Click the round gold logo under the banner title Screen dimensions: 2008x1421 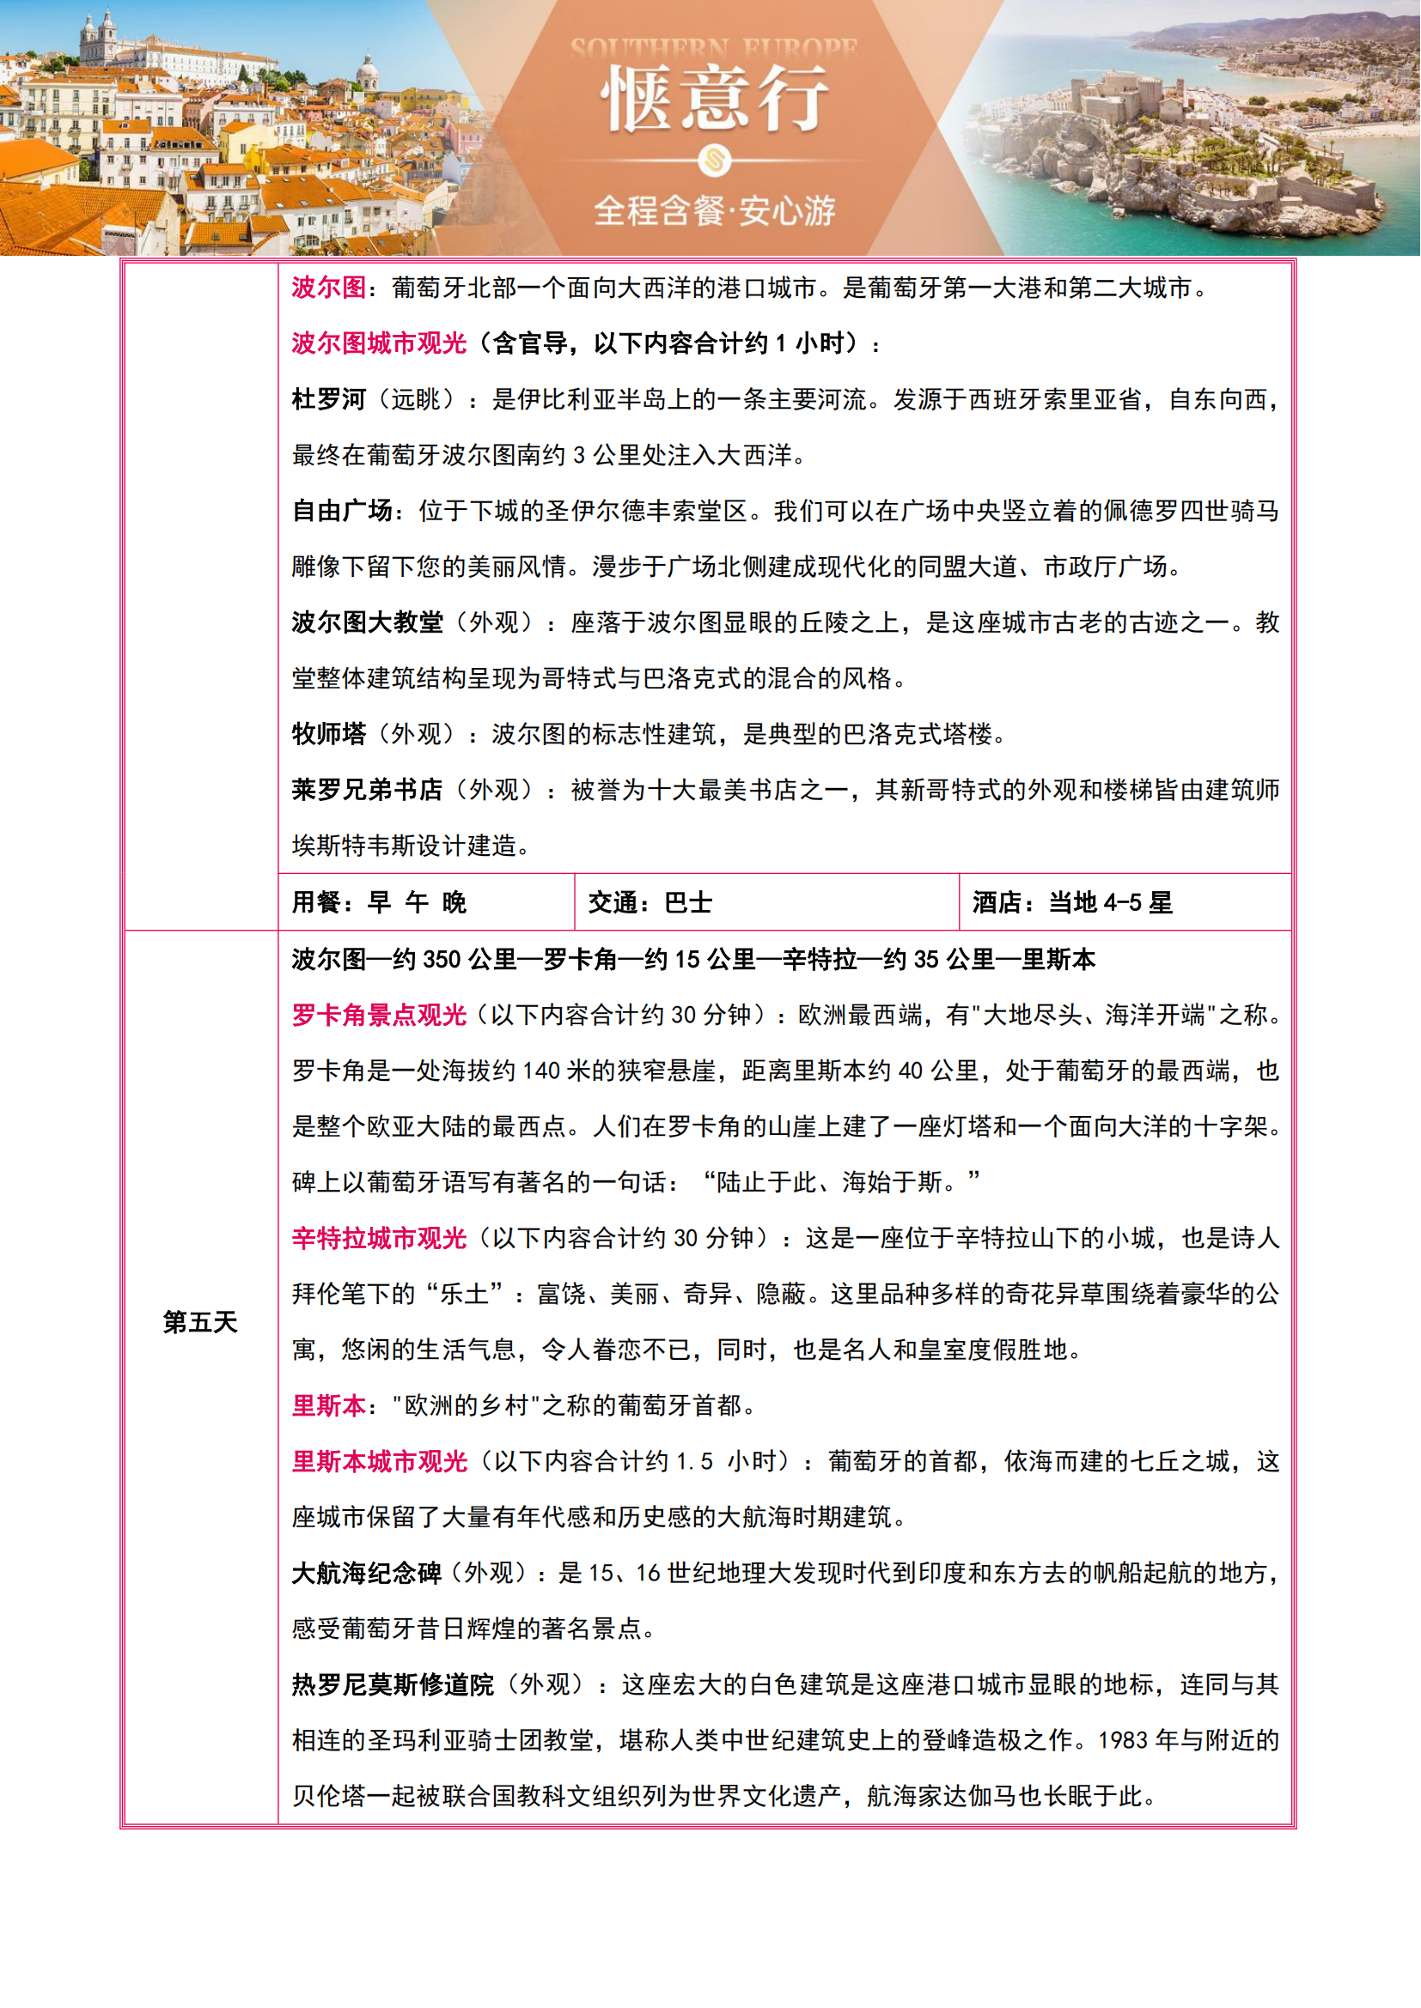[714, 160]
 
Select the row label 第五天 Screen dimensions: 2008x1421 [200, 1321]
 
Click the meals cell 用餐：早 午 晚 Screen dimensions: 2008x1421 [379, 901]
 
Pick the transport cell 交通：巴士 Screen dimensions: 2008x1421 [650, 901]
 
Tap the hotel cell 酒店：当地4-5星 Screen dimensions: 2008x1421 [1072, 901]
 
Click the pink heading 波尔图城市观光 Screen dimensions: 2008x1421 [379, 343]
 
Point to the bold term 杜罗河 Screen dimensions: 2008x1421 [329, 399]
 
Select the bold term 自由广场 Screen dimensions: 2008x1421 [341, 511]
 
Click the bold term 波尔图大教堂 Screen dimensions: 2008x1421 [368, 622]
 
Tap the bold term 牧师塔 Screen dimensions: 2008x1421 [329, 734]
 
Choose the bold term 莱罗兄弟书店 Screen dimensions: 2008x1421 [368, 790]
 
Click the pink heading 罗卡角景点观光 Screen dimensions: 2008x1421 [379, 1015]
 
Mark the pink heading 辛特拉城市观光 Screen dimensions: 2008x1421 [379, 1238]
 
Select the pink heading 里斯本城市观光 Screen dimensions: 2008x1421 [379, 1461]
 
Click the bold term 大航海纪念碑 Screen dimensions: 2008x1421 [367, 1573]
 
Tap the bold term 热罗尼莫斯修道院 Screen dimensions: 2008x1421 [393, 1684]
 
